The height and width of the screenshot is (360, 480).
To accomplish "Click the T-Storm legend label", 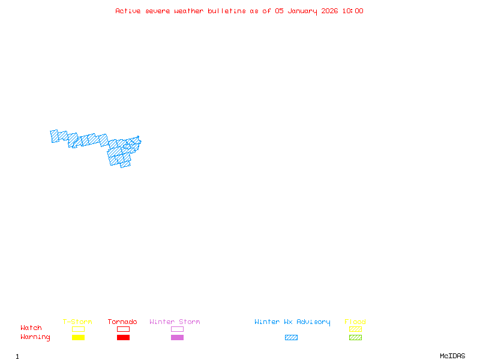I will tap(77, 322).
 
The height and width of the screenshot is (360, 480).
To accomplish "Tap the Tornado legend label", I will tap(122, 322).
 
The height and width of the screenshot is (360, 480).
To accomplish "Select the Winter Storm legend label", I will tap(175, 322).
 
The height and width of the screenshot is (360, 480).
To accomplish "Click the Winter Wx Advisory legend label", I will tap(292, 322).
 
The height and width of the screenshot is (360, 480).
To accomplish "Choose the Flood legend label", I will tap(355, 322).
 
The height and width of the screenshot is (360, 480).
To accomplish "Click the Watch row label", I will tap(31, 328).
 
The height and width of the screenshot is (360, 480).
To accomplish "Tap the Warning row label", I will tap(35, 337).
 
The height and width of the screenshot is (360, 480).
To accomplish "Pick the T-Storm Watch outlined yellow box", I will tap(78, 329).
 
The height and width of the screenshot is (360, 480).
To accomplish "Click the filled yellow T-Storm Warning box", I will tap(78, 337).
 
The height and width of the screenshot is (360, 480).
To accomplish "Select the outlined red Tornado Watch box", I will tap(123, 329).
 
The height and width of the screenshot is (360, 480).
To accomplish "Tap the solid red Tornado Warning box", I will tap(123, 337).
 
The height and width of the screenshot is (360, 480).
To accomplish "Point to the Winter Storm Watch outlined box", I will tap(177, 329).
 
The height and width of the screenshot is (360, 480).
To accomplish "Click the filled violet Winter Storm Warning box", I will tap(177, 337).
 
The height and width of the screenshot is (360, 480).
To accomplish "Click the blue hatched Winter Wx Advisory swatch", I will tap(291, 337).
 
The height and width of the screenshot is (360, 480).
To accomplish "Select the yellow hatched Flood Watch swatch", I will tap(355, 329).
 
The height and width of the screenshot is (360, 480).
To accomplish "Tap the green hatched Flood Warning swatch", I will tap(355, 337).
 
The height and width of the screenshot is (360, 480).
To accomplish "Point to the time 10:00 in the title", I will tap(353, 11).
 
